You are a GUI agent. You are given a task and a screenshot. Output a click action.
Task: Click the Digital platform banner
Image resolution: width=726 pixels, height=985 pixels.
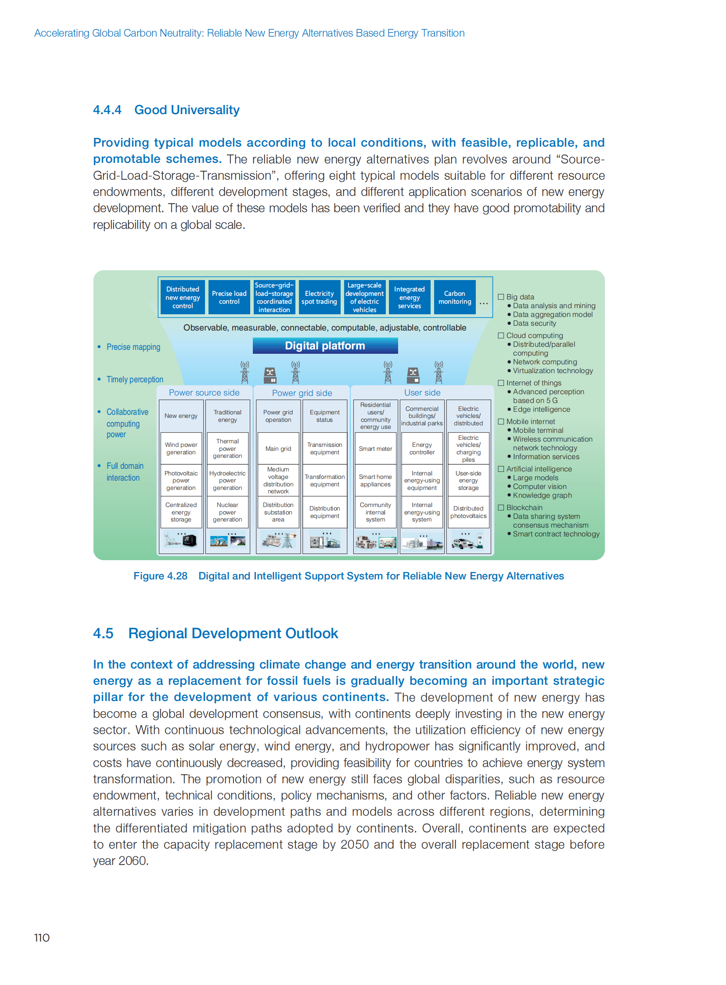pos(325,346)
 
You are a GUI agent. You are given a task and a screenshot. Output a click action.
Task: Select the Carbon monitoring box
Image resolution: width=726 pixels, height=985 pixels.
pos(454,298)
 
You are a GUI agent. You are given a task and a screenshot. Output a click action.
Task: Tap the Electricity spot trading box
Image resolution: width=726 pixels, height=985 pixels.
pos(319,298)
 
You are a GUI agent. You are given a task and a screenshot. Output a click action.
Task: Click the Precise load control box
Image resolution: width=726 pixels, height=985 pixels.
pos(229,298)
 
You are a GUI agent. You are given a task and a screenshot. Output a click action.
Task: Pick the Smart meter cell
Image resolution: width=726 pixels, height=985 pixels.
pos(375,449)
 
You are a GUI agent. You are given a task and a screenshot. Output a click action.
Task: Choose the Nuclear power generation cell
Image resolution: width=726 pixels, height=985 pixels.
pos(227,512)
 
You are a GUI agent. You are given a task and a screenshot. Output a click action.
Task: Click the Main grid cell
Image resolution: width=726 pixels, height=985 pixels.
pos(278,449)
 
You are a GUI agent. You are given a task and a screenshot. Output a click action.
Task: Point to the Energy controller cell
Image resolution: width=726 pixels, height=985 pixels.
pos(422,449)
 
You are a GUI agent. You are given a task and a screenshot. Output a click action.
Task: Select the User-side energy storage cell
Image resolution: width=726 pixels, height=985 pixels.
pos(468,480)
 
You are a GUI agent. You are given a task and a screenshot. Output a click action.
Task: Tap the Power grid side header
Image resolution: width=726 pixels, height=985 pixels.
pos(302,393)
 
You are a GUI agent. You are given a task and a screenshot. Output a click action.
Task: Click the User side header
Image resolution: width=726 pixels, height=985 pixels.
pos(422,392)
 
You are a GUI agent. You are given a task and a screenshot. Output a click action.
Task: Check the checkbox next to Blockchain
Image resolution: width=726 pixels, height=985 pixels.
pos(500,508)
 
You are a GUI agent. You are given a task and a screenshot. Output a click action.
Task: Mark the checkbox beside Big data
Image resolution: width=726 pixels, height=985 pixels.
pos(500,297)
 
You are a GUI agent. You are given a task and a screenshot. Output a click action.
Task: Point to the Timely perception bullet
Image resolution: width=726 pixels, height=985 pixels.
pos(134,379)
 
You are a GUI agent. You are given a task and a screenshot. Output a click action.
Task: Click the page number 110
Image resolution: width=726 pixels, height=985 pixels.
pos(42,938)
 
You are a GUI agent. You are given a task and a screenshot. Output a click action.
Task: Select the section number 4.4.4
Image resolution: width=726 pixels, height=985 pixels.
pos(107,110)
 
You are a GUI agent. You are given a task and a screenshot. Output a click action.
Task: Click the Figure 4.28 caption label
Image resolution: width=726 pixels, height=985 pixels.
pos(160,576)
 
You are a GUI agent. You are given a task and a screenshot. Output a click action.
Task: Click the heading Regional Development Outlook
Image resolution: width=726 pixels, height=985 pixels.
pos(233,633)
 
